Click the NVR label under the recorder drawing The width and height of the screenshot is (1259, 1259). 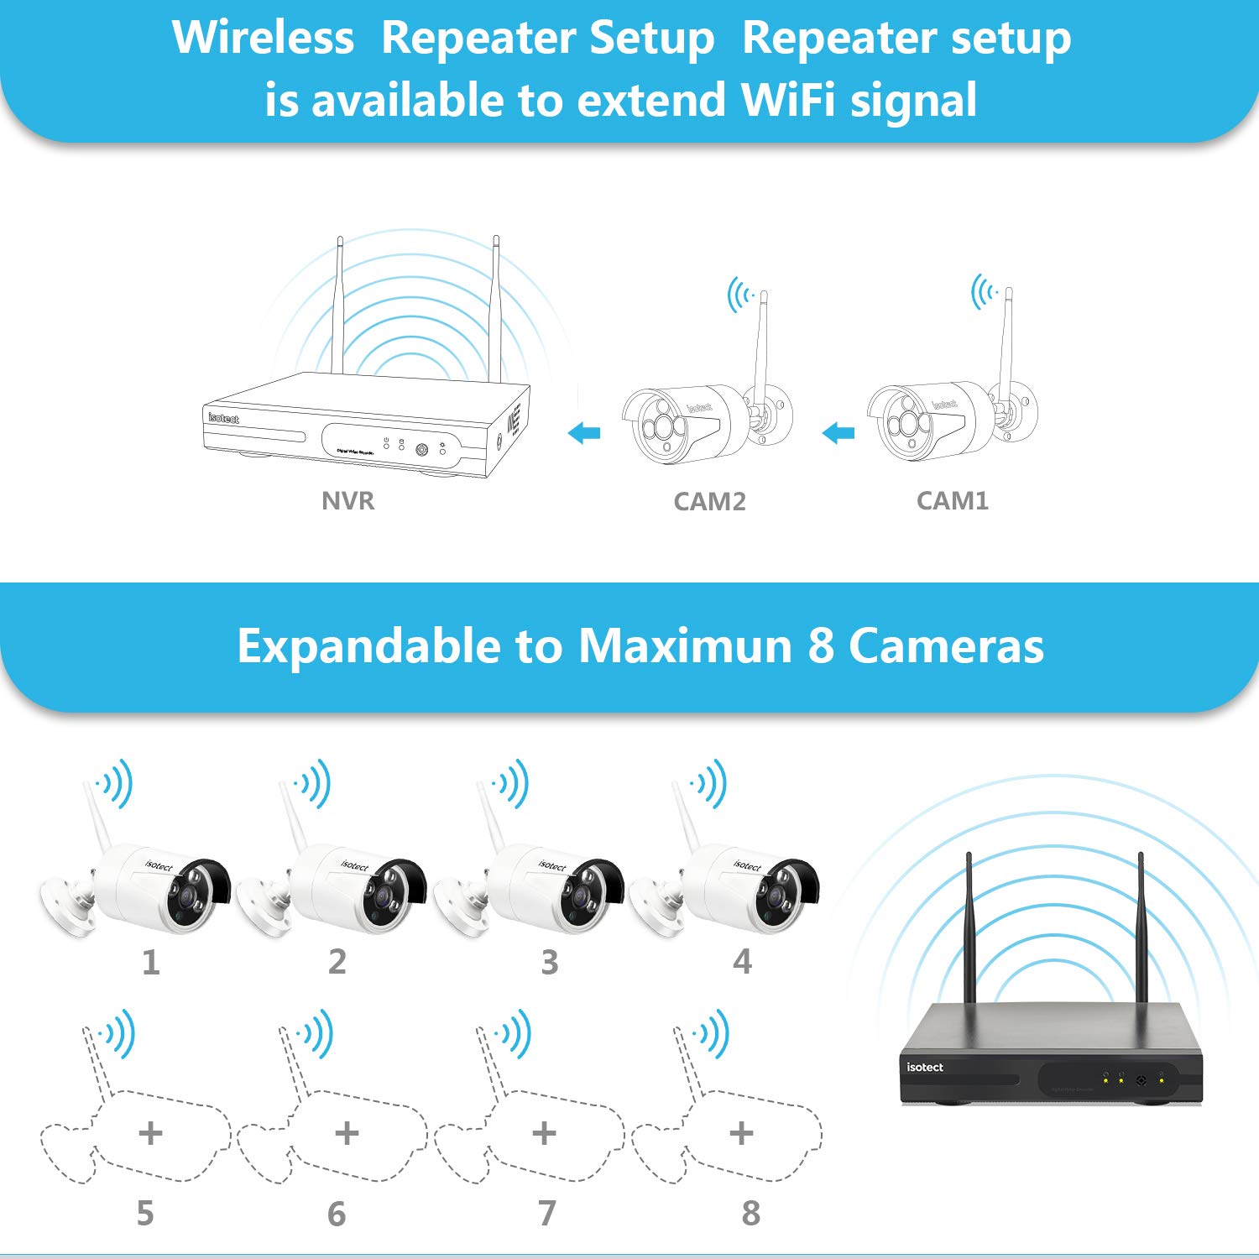(347, 501)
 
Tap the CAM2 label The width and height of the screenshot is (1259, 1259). (709, 502)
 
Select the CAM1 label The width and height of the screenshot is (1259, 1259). (952, 501)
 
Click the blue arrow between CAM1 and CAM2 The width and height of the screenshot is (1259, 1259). (838, 433)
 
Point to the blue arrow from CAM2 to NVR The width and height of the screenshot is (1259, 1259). (584, 433)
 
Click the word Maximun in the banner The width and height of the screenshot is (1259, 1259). (685, 646)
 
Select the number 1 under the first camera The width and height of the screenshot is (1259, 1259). (150, 962)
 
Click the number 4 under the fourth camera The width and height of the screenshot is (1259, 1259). (742, 962)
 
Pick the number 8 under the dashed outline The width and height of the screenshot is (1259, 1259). (750, 1213)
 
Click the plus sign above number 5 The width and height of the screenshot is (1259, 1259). (150, 1133)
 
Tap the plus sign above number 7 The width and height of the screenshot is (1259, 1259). (544, 1133)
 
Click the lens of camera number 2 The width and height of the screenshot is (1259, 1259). (383, 897)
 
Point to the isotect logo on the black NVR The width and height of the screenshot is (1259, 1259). (924, 1067)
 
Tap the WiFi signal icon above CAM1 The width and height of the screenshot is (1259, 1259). (985, 292)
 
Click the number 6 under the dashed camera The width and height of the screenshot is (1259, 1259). (337, 1214)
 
